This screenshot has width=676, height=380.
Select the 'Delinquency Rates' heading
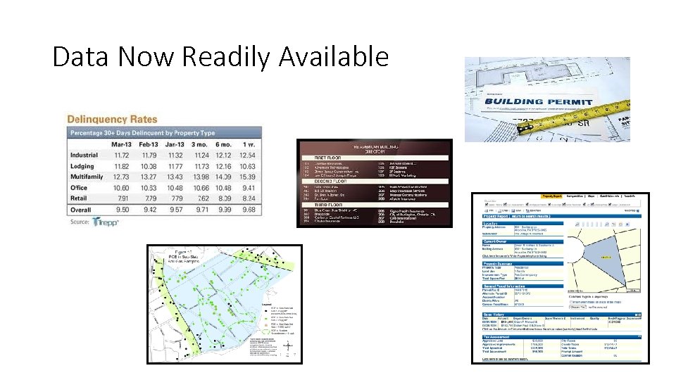[x=113, y=119]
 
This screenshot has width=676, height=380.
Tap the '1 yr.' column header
[x=247, y=144]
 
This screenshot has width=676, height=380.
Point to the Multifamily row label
[x=89, y=176]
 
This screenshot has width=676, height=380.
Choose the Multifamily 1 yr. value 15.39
[x=247, y=176]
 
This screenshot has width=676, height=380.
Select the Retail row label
[x=80, y=198]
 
